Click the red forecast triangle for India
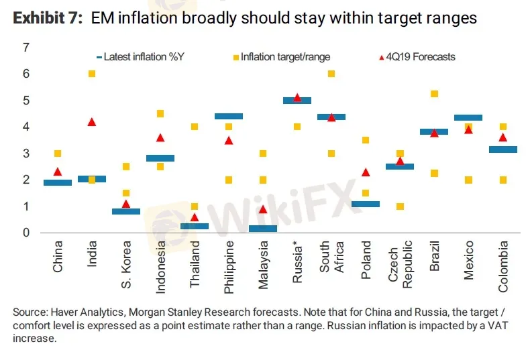[x=92, y=122]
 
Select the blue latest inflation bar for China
[x=58, y=182]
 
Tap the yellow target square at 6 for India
[x=92, y=74]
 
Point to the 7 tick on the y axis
[x=26, y=48]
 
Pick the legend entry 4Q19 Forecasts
[x=422, y=57]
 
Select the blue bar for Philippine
[x=229, y=116]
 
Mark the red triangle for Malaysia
[x=263, y=209]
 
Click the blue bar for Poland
[x=366, y=204]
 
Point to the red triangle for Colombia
[x=502, y=137]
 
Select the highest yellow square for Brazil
[x=434, y=94]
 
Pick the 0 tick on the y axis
[x=26, y=233]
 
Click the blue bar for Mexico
[x=468, y=118]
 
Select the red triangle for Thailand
[x=195, y=217]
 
